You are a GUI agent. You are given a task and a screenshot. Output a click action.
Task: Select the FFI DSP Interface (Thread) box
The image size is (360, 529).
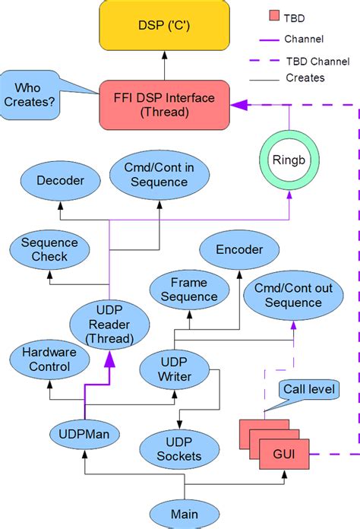(x=163, y=104)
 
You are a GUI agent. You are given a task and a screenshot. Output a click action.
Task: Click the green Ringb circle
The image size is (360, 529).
(x=289, y=161)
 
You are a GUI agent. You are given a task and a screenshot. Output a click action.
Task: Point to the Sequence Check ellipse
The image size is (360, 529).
(x=49, y=250)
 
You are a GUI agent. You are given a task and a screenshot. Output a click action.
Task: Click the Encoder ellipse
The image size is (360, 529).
(x=239, y=250)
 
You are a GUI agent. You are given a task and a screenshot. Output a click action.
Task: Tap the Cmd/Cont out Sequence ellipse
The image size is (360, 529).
(x=287, y=296)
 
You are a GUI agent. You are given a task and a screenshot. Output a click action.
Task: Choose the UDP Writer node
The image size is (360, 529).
(x=175, y=369)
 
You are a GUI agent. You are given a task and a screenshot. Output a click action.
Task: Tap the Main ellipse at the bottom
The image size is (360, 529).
(x=184, y=513)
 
